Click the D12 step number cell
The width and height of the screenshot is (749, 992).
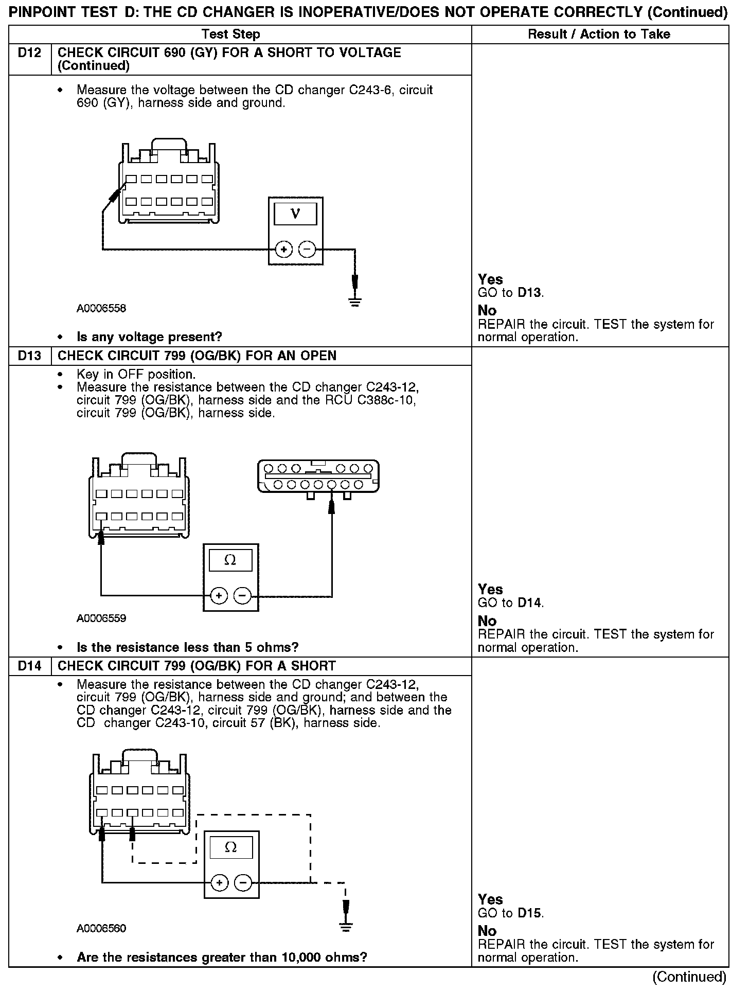[29, 53]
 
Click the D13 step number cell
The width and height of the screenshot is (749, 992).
[29, 356]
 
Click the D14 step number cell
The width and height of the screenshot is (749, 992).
[29, 666]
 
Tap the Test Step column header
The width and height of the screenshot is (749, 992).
[230, 34]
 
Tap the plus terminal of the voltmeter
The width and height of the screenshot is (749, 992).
[283, 250]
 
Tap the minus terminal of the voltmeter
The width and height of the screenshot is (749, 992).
[307, 250]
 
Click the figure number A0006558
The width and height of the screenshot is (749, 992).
[101, 309]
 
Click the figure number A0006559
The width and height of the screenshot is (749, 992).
[101, 618]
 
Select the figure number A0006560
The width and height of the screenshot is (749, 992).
[101, 928]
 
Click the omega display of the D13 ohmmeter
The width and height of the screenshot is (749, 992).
[230, 560]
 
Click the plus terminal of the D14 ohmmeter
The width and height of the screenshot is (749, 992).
[220, 883]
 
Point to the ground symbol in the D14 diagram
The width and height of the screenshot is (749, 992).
[346, 927]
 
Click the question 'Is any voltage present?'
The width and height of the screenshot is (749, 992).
[149, 337]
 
